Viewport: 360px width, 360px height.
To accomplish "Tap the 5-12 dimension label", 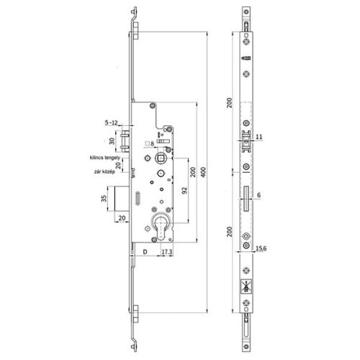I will click(x=113, y=123).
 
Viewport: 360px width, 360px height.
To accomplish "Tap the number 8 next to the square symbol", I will click(x=152, y=144).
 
